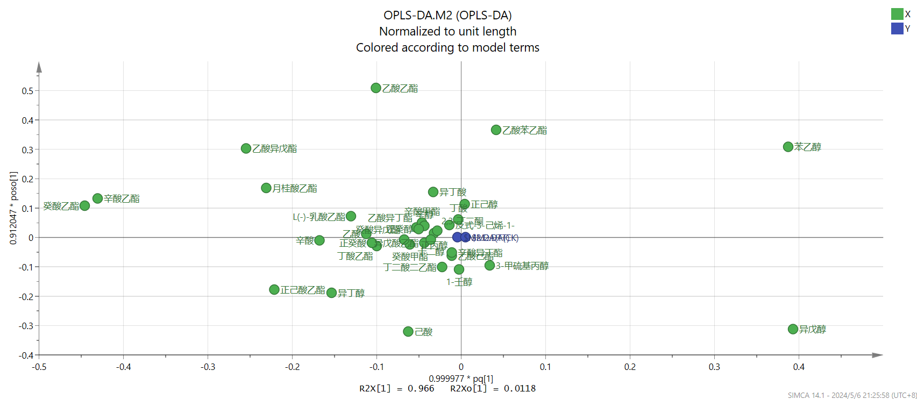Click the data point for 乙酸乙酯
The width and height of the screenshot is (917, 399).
(376, 88)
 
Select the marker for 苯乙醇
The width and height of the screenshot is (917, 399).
(788, 147)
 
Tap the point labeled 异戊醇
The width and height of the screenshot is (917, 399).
(793, 329)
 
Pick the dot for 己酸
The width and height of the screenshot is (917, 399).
(408, 332)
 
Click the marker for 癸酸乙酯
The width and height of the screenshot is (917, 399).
(84, 205)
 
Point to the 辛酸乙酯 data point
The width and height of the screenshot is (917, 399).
(97, 198)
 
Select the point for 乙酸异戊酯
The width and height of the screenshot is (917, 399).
(246, 148)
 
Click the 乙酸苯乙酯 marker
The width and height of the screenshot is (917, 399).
(496, 130)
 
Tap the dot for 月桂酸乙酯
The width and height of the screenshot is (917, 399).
(266, 188)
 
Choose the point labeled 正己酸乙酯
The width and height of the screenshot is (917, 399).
(274, 290)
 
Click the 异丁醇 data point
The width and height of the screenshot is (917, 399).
(332, 293)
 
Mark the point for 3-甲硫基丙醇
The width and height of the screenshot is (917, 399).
(489, 265)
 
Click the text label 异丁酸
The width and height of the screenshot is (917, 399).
(453, 192)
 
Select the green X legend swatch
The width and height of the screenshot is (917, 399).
(897, 14)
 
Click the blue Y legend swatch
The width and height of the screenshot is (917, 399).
(897, 28)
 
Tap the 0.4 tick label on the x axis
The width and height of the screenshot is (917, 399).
(799, 367)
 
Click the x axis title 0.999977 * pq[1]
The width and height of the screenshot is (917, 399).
(461, 379)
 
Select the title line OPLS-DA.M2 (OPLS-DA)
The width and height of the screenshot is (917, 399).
(447, 15)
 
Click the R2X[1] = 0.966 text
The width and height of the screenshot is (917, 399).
(396, 388)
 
